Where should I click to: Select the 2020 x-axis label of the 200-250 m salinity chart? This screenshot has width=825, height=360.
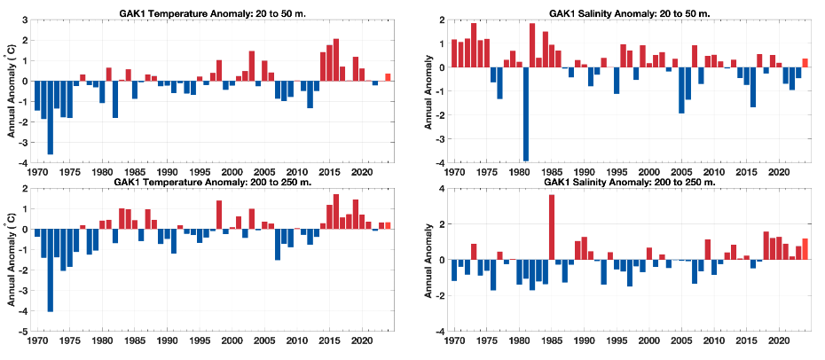[778, 340]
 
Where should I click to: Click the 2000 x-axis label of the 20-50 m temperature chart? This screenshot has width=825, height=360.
[232, 172]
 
